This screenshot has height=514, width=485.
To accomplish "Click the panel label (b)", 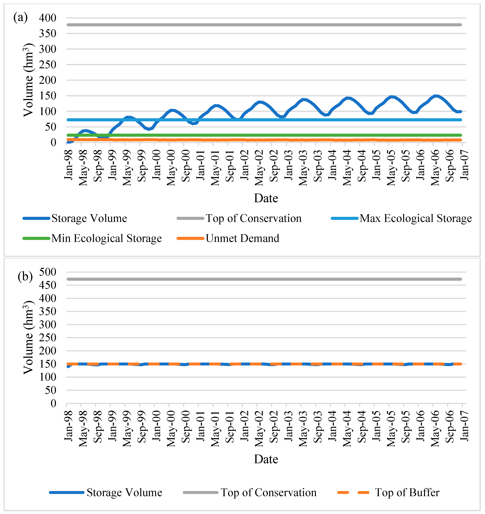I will [25, 277].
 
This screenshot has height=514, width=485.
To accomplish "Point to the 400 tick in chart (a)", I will [48, 18].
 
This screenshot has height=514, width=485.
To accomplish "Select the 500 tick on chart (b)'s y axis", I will [48, 272].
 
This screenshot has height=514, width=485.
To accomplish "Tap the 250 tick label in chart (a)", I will [48, 65].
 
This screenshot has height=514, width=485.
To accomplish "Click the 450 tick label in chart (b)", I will [48, 285].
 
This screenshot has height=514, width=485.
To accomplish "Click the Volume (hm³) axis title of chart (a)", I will [28, 80].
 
